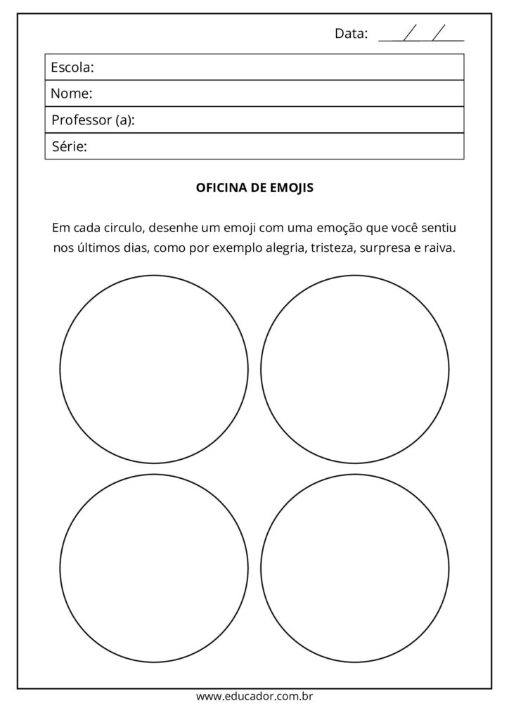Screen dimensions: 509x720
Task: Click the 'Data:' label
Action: (351, 33)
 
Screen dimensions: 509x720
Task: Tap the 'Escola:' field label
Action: (72, 67)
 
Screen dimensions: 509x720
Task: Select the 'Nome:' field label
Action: (72, 94)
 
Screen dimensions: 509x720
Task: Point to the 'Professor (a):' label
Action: (93, 120)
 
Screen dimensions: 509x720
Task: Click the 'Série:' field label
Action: (69, 147)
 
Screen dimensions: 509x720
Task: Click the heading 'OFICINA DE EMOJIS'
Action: (254, 188)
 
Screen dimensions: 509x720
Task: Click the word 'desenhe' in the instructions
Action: (172, 228)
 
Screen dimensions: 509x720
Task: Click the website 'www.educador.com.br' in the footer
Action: (254, 697)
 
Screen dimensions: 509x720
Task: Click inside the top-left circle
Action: (154, 369)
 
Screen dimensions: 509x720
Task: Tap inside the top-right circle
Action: (355, 369)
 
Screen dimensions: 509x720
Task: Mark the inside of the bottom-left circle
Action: (154, 568)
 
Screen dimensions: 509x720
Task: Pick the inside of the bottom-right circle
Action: (355, 568)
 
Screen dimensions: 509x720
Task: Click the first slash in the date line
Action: (411, 32)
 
